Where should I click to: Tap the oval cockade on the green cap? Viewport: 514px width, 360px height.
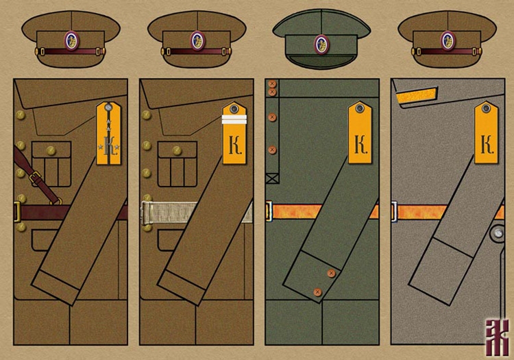pyautogui.click(x=321, y=44)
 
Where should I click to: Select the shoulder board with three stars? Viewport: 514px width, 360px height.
pyautogui.click(x=108, y=134)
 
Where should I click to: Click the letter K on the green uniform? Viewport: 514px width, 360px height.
pyautogui.click(x=360, y=144)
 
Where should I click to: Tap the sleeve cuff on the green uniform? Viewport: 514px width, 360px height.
pyautogui.click(x=315, y=274)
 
